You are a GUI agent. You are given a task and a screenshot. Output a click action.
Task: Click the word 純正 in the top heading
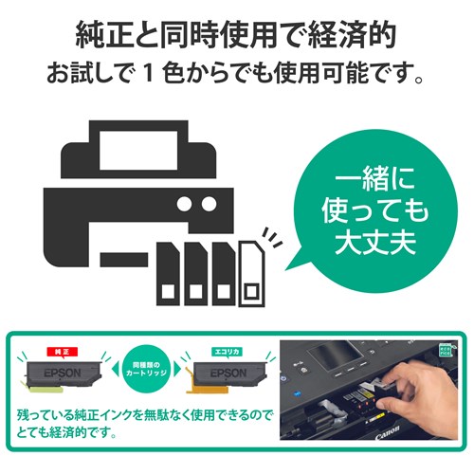[105, 35]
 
